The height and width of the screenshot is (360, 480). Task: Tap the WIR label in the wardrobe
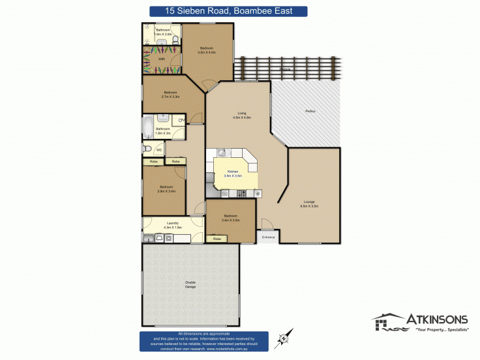(x=161, y=57)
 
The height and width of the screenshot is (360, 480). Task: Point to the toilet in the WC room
(x=147, y=149)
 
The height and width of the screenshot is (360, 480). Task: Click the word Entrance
(x=269, y=237)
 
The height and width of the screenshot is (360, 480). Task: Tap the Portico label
(x=310, y=112)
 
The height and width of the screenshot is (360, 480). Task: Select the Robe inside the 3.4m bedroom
(x=217, y=239)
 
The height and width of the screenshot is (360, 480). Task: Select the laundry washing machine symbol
(x=168, y=238)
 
